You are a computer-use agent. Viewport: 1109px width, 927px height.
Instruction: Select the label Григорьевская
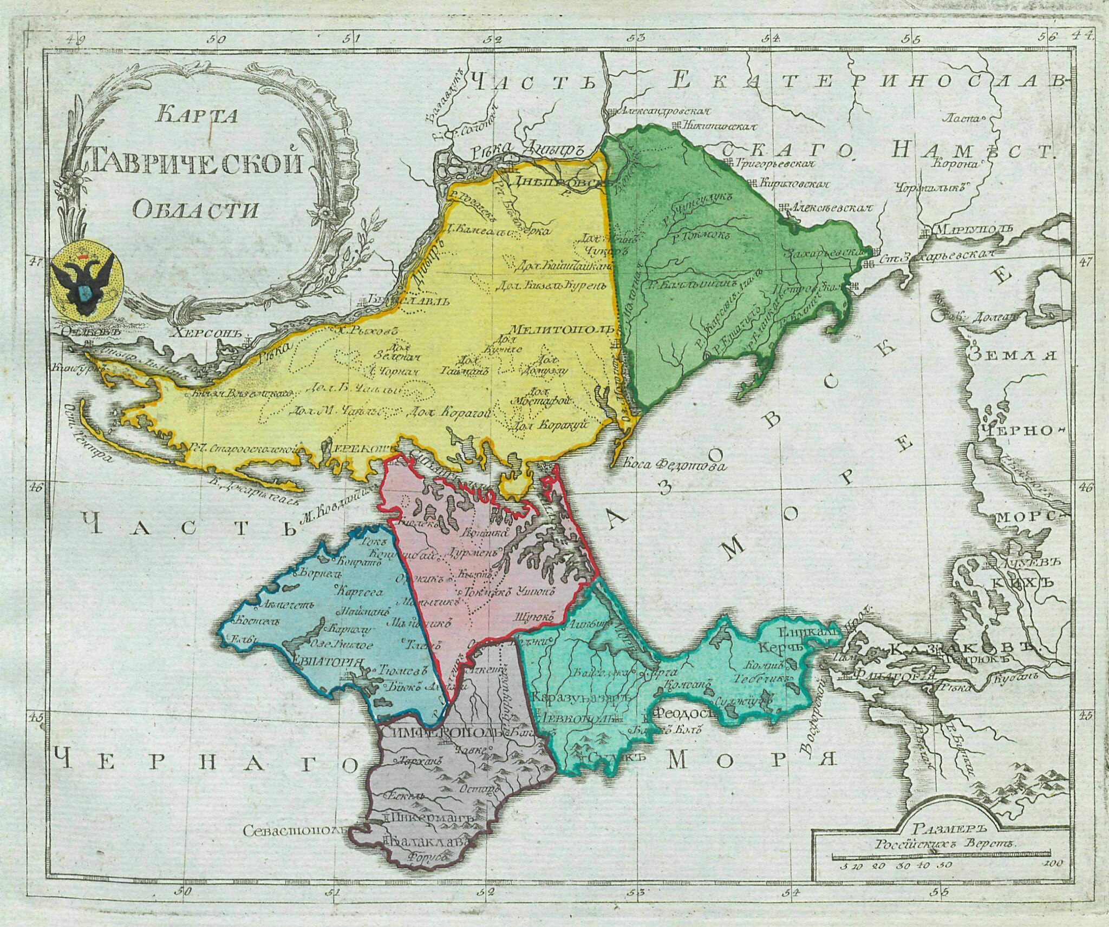(777, 162)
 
